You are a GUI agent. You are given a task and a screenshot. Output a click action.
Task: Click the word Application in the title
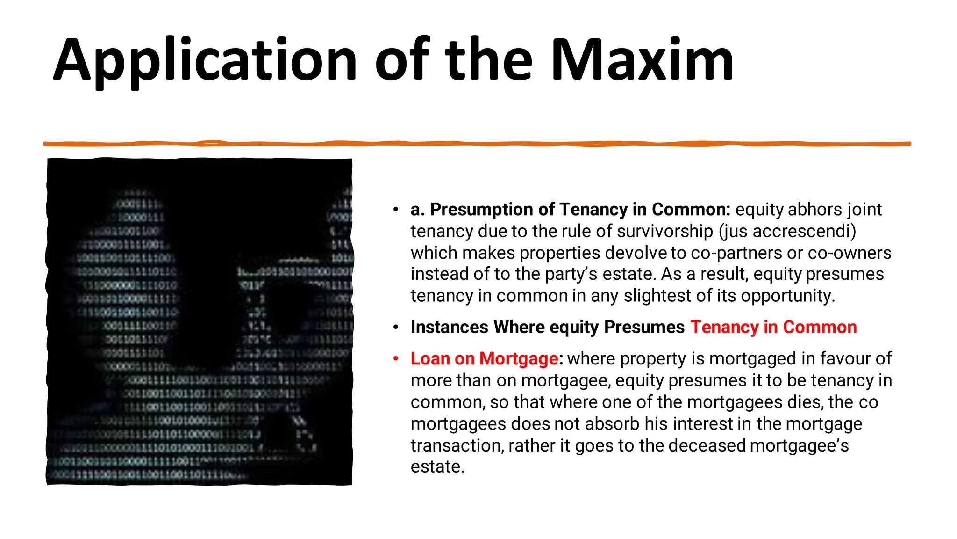pos(206,61)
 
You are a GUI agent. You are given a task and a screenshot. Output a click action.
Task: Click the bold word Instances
pos(449,327)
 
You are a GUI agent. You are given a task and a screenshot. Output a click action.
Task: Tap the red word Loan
pos(429,358)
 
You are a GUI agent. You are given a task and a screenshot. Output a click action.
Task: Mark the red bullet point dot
pos(396,358)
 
